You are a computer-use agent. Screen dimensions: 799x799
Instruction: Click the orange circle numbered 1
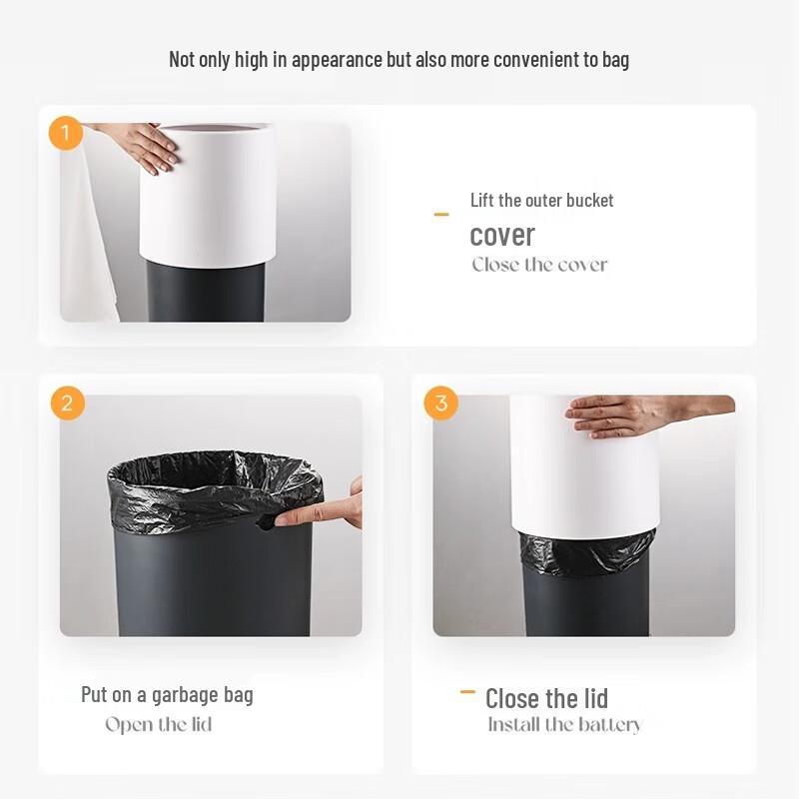[x=66, y=133]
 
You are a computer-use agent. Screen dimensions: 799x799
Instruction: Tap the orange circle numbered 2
[x=67, y=403]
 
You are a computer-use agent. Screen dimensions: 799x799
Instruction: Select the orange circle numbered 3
[x=440, y=403]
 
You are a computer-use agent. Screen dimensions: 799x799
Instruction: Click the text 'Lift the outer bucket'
[x=541, y=200]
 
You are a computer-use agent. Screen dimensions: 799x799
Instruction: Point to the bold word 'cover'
[x=502, y=235]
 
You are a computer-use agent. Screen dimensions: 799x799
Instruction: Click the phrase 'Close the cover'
[x=539, y=265]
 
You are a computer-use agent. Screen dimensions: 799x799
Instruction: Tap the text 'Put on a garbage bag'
[x=167, y=694]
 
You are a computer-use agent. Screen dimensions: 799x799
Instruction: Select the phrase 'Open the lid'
[x=159, y=724]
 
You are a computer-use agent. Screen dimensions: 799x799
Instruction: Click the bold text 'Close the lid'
[x=546, y=698]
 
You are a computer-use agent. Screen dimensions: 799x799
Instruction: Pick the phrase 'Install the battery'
[x=564, y=725]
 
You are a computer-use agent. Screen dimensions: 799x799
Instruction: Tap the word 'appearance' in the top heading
[x=334, y=59]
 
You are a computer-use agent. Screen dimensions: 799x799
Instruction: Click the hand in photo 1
[x=145, y=145]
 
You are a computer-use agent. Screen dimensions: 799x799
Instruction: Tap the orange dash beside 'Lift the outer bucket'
[x=441, y=214]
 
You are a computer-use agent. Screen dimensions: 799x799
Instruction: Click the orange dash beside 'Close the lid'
[x=466, y=692]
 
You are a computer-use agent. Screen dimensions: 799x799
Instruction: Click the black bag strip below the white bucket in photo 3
[x=586, y=551]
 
